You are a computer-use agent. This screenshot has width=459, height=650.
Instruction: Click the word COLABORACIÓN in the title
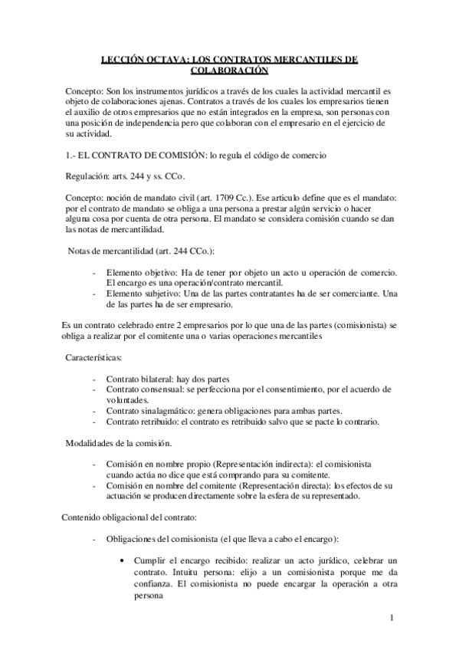[x=229, y=70]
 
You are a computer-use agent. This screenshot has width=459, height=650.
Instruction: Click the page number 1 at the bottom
[x=392, y=618]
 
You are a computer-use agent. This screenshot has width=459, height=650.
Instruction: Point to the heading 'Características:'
[x=99, y=358]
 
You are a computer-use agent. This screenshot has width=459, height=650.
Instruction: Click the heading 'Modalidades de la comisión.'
[x=118, y=444]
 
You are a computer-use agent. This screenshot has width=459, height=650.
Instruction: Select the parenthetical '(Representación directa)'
[x=284, y=487]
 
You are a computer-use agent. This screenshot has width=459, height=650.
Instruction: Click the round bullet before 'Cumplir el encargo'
[x=123, y=562]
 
